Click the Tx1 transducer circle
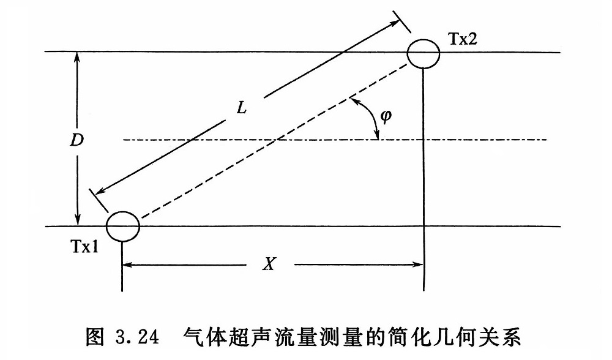click(123, 225)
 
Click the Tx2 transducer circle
click(423, 53)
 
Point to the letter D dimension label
click(76, 140)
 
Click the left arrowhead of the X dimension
click(129, 264)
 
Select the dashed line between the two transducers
click(275, 140)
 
